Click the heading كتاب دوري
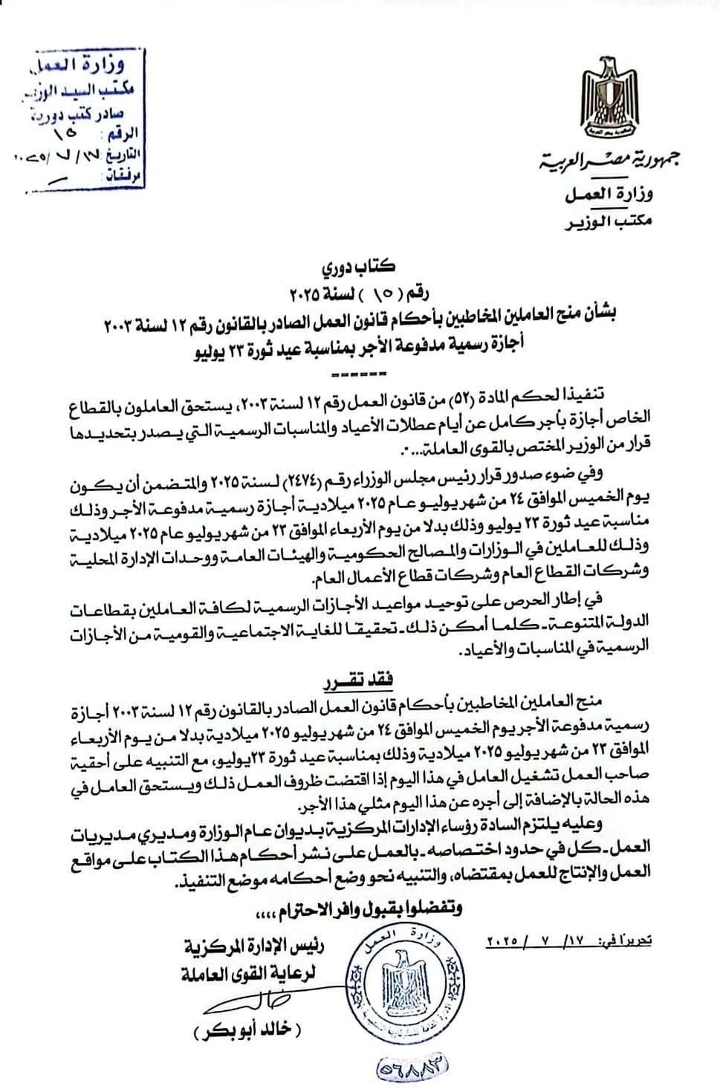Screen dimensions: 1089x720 pos(360,265)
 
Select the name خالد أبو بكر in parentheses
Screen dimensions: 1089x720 pos(248,1031)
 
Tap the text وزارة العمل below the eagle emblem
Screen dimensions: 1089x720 pos(608,195)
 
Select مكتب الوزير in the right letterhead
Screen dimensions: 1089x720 pos(608,221)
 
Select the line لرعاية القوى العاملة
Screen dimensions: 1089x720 pos(248,972)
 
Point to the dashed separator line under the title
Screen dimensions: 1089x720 pos(360,371)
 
